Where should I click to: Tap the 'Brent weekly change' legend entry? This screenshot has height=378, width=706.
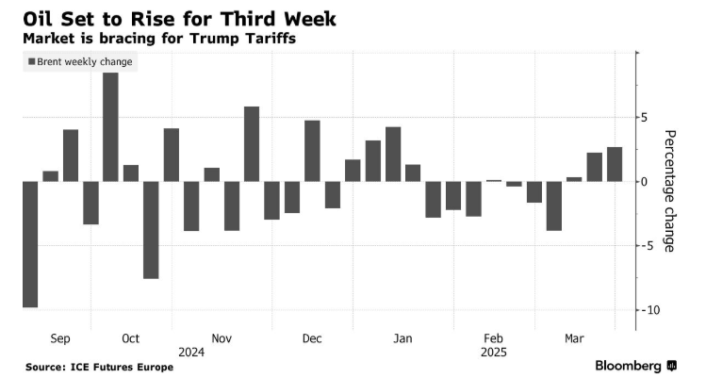(x=80, y=62)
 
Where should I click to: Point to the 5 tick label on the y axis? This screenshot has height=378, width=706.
(x=644, y=118)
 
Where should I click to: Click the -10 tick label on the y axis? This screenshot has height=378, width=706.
(x=649, y=310)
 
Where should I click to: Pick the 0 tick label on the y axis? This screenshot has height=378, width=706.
(x=644, y=182)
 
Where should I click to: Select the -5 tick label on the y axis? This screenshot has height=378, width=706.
(x=647, y=246)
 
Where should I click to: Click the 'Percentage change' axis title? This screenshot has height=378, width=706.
(x=669, y=190)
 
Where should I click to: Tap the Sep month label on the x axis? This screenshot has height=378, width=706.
(x=58, y=338)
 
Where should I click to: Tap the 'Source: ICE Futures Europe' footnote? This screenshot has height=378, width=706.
(x=99, y=366)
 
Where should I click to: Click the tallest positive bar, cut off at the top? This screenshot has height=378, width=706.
(x=110, y=126)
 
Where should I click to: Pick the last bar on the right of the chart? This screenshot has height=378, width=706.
(x=615, y=164)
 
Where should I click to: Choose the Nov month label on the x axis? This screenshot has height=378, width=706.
(x=222, y=338)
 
